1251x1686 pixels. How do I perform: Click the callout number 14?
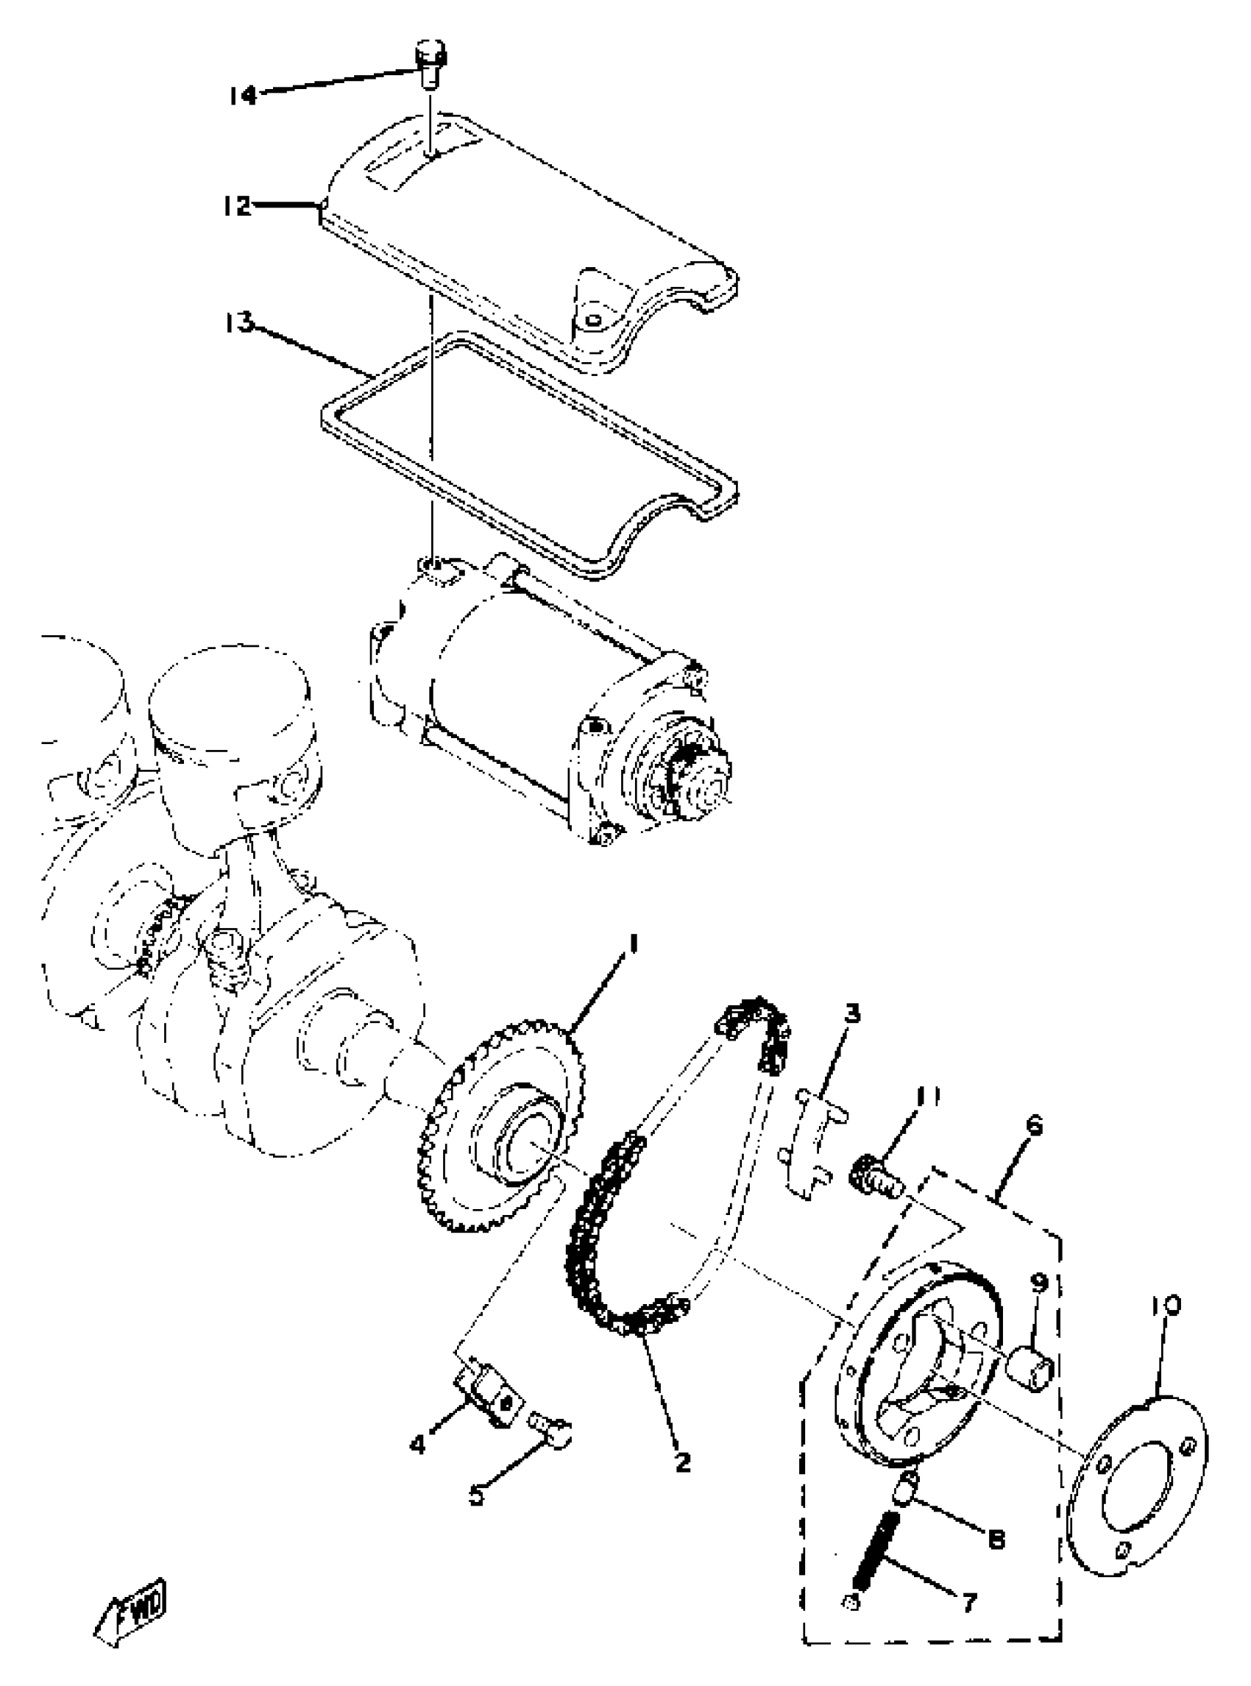point(243,96)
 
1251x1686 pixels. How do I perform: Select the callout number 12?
point(237,205)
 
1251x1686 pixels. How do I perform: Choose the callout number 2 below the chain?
point(682,1461)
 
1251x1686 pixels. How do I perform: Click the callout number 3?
point(853,1013)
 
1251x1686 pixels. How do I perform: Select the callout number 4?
point(418,1445)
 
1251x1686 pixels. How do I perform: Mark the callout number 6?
point(1035,1124)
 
